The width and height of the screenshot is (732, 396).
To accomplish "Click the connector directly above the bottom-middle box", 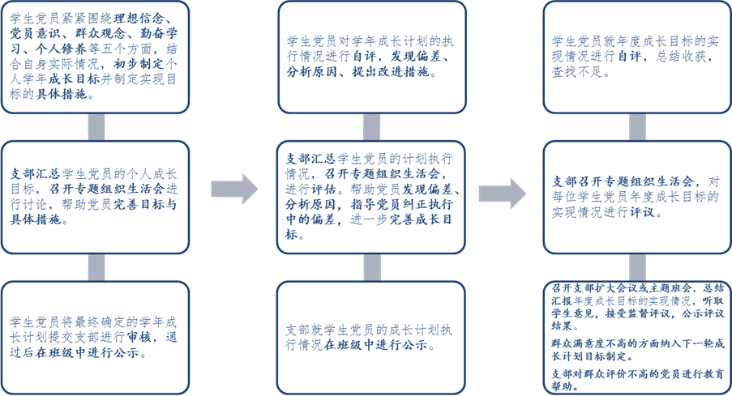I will (x=371, y=267).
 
